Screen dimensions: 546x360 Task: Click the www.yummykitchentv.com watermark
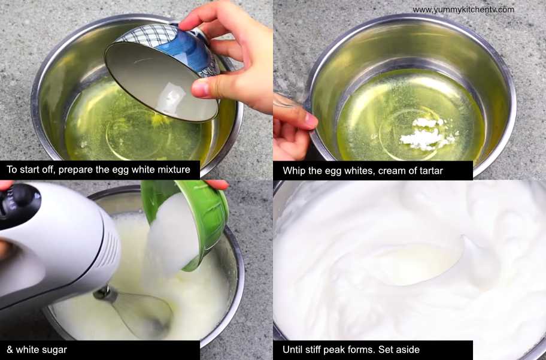[463, 10]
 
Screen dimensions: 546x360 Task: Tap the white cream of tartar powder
[427, 134]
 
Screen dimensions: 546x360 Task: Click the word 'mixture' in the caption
[174, 170]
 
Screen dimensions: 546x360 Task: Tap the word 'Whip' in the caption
[292, 171]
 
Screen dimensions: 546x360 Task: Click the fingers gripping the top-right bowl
[295, 125]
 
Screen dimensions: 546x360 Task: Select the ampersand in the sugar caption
[10, 350]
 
